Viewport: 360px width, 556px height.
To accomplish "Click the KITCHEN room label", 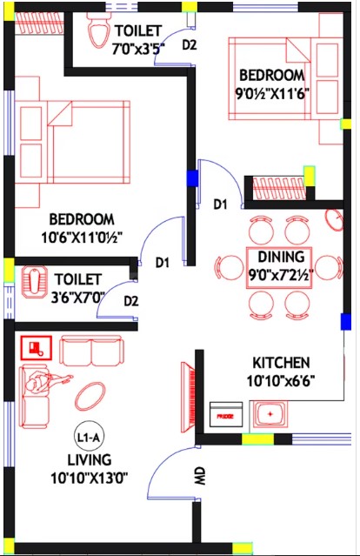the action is (x=281, y=362).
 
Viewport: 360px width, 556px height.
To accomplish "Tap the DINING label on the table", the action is (x=281, y=257).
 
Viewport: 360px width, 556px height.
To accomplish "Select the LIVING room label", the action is (x=90, y=459).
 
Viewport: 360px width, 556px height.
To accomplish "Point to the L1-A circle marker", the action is (x=88, y=438).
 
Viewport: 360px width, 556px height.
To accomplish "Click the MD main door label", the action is (x=200, y=476).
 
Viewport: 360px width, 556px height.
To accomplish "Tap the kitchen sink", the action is (x=270, y=414).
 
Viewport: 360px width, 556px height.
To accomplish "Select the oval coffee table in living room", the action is (x=90, y=396).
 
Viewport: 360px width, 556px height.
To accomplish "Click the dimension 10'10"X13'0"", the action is (x=89, y=478).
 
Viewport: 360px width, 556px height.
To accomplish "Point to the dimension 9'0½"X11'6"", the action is (x=272, y=94).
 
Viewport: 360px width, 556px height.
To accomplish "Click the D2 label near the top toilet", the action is (x=190, y=45).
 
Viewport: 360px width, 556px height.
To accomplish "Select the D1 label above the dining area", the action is (x=220, y=204).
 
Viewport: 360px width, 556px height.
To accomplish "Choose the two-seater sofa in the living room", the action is (x=91, y=351).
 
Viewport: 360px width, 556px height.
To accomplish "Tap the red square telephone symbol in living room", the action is (x=37, y=347).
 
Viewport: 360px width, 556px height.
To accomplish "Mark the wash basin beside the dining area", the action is (x=334, y=220).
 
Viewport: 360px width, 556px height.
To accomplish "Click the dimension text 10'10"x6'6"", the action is (x=281, y=381).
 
